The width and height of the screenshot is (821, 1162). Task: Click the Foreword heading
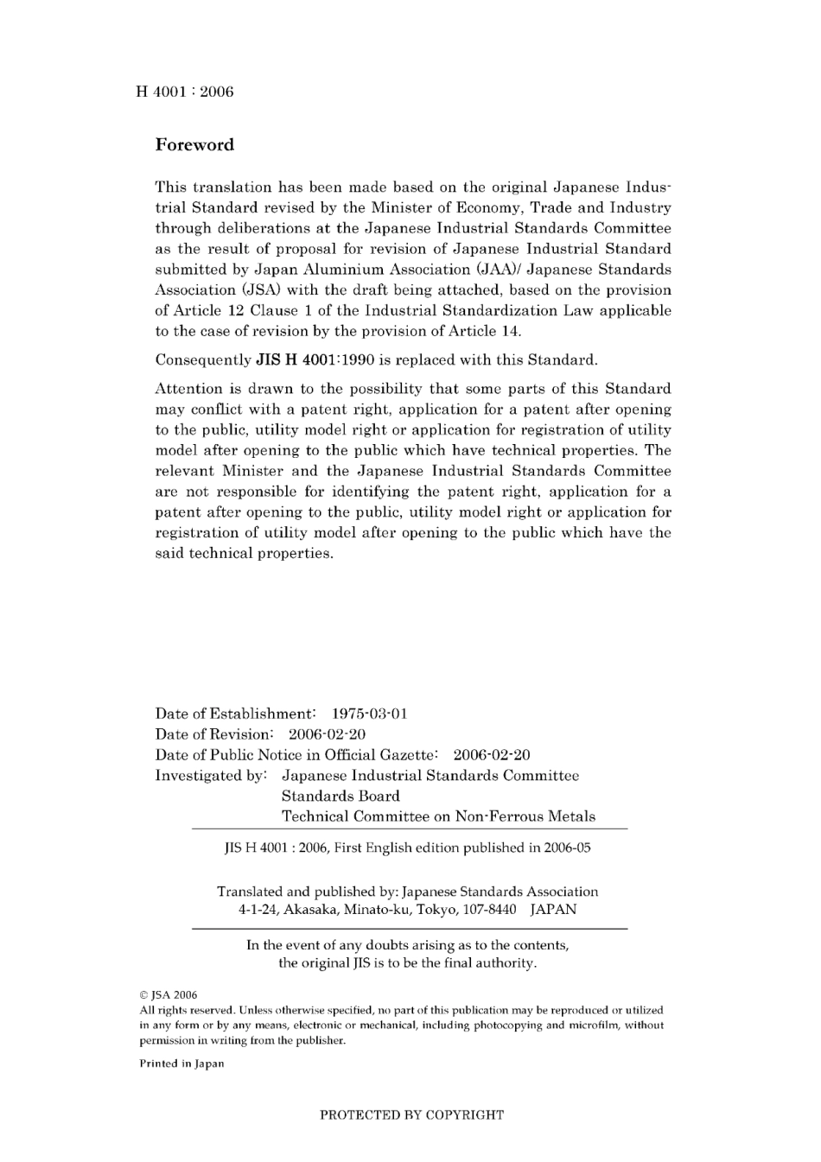click(194, 145)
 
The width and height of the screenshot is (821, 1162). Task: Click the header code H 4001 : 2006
click(185, 92)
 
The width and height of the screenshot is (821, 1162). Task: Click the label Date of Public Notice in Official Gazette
click(296, 755)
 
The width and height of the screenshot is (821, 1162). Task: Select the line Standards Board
click(340, 797)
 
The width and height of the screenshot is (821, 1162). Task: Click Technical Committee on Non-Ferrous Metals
click(438, 816)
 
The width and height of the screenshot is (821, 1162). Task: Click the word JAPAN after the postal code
click(553, 910)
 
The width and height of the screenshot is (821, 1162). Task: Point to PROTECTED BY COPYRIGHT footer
click(411, 1115)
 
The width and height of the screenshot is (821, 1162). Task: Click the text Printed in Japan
click(181, 1064)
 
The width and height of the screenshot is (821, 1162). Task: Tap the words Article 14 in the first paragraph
click(489, 332)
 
